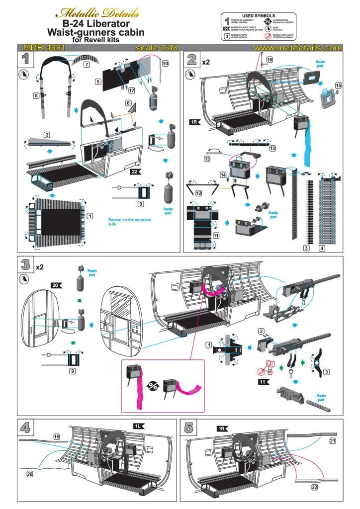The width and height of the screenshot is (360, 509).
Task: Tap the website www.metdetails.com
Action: click(297, 48)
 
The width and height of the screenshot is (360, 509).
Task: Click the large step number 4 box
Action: click(26, 428)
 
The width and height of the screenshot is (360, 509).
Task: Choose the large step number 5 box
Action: click(189, 428)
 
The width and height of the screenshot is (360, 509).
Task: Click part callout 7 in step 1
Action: click(86, 65)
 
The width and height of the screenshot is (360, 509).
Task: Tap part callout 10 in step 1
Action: click(165, 64)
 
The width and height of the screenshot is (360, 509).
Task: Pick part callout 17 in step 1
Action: click(131, 90)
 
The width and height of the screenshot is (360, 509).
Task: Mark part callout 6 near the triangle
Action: click(128, 103)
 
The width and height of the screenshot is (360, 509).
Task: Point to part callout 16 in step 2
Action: click(269, 60)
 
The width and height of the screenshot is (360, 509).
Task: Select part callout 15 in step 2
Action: click(338, 85)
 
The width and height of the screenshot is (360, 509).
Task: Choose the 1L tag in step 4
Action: click(138, 426)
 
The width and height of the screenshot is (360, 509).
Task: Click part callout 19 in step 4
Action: click(57, 436)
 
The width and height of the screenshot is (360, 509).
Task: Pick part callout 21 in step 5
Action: click(333, 440)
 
